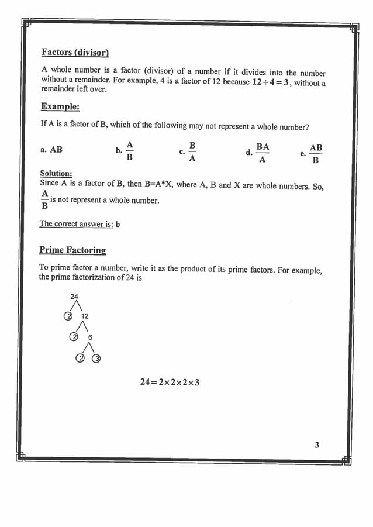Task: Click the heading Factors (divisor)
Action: coord(75,53)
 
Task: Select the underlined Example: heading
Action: coord(60,106)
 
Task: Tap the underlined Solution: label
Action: coord(56,174)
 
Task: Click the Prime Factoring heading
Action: coord(72,250)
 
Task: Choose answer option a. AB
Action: coord(51,150)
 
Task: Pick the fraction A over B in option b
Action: coord(130,151)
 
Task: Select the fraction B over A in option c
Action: coord(192,151)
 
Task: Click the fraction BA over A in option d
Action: coord(263,153)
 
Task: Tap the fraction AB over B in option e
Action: coord(316,154)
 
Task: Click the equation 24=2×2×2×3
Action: coord(170,382)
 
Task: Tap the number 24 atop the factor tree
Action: coord(74,297)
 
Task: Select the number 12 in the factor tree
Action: coord(85,316)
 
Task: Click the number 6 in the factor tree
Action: coord(90,337)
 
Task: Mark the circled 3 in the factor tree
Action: coord(97,359)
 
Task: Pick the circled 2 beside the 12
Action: coord(68,316)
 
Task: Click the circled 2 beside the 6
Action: coord(74,337)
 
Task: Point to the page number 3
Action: coord(317,445)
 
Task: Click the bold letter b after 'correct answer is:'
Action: coord(118,225)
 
